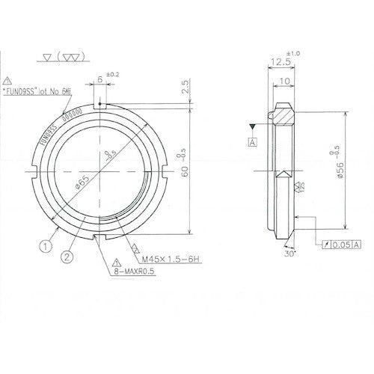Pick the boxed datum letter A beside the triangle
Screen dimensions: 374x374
coord(254,141)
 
